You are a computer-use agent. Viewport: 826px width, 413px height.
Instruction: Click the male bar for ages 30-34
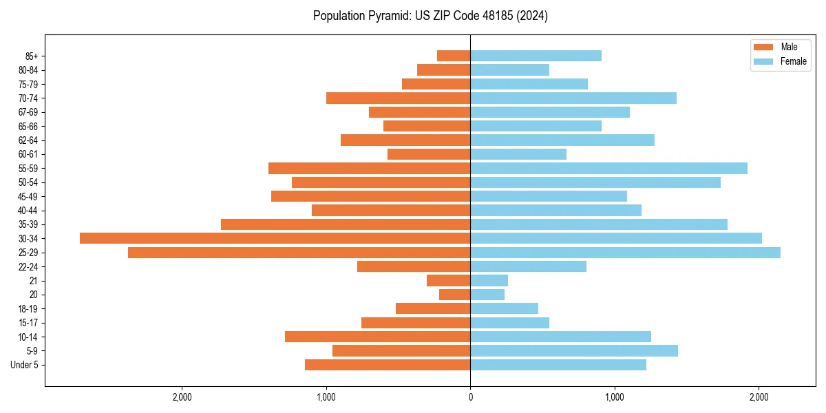(x=275, y=238)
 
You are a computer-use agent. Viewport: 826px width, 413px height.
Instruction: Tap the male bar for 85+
(x=454, y=56)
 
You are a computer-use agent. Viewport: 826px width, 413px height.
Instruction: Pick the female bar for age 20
(x=487, y=295)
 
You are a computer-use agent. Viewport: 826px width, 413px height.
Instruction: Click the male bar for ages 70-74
(x=398, y=98)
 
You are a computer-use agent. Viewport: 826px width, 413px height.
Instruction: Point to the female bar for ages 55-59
(x=608, y=168)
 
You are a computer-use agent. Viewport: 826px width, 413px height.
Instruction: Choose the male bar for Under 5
(x=388, y=365)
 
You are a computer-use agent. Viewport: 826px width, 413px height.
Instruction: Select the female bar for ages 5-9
(x=574, y=350)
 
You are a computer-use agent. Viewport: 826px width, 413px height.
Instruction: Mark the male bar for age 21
(x=448, y=280)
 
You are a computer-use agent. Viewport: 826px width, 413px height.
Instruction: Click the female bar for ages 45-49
(x=549, y=196)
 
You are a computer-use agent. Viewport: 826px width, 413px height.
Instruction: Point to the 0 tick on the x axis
(x=470, y=396)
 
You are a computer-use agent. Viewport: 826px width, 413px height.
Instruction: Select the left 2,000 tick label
(x=182, y=396)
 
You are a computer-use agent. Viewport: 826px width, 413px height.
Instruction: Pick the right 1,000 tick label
(x=614, y=396)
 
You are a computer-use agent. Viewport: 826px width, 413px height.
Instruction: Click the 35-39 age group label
(x=28, y=224)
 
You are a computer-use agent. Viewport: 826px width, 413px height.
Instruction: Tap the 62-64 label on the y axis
(x=28, y=140)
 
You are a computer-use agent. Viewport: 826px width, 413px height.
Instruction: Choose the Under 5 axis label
(x=25, y=365)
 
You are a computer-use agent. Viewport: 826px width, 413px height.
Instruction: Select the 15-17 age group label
(x=28, y=323)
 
